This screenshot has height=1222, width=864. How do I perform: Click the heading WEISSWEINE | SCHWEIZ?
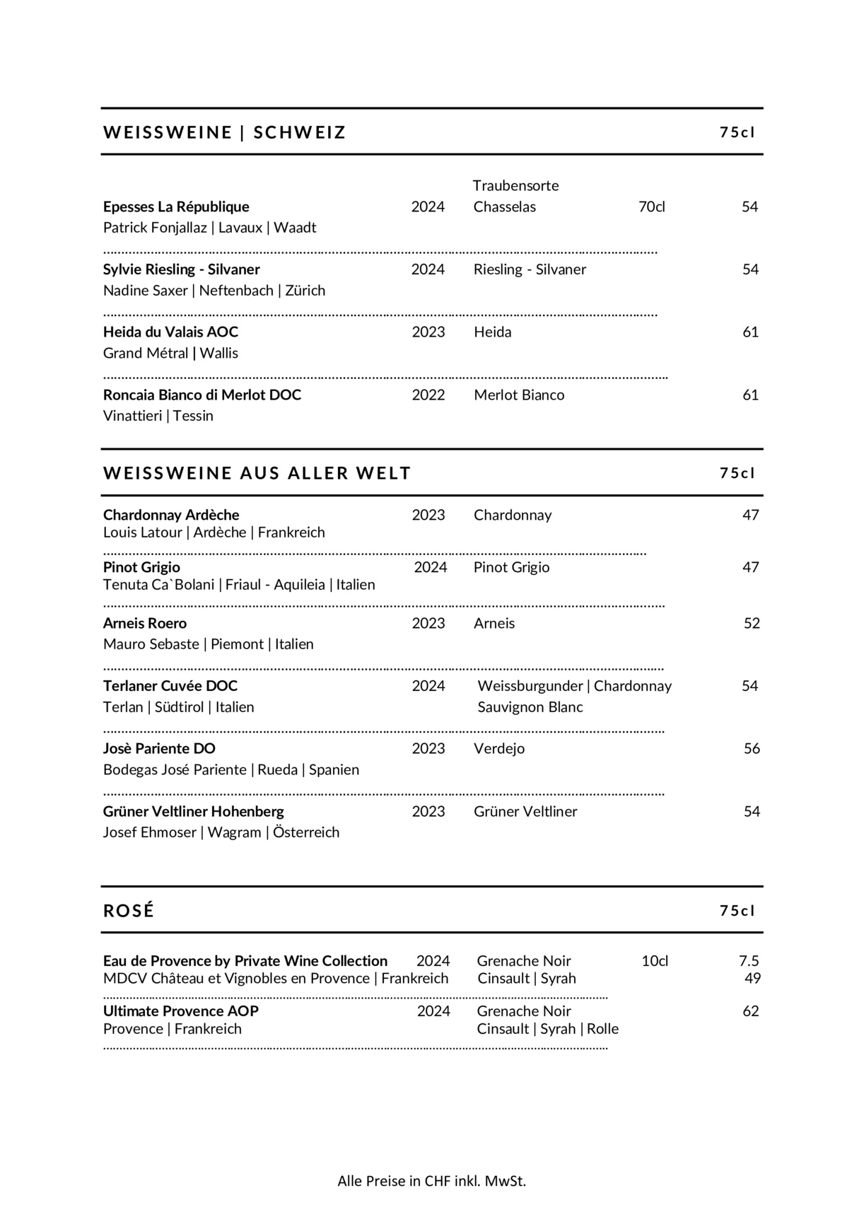coord(224,132)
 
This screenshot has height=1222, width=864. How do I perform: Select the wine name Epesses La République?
coord(176,206)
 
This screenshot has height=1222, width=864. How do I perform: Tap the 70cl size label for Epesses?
coord(651,206)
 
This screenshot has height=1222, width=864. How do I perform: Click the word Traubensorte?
coord(515,185)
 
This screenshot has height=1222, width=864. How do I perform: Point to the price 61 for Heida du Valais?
coord(750,332)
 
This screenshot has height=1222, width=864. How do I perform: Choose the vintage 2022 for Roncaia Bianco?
coord(428,395)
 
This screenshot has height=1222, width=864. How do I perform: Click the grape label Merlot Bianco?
coord(519,395)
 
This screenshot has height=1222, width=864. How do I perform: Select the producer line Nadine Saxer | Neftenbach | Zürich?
coord(214,290)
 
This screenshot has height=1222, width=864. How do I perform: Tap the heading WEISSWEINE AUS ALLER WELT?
coord(257,473)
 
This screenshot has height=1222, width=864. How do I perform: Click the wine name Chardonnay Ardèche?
coord(171,515)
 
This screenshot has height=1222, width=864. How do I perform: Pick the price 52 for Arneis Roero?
coord(752,623)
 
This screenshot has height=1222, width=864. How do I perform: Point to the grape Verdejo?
coord(499,748)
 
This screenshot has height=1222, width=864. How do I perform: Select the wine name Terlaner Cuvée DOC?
coord(170,685)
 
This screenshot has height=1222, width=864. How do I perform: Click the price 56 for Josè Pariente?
coord(752,748)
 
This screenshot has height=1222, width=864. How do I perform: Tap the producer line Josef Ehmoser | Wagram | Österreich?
coord(221,832)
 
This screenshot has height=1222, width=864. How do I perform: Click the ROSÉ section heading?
coord(129,910)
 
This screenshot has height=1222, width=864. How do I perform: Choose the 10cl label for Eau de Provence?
coord(655,960)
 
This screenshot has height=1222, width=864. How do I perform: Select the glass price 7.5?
coord(749,960)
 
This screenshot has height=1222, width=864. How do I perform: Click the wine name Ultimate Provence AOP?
coord(181,1011)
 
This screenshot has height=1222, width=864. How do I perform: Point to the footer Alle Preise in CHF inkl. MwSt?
coord(431,1180)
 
